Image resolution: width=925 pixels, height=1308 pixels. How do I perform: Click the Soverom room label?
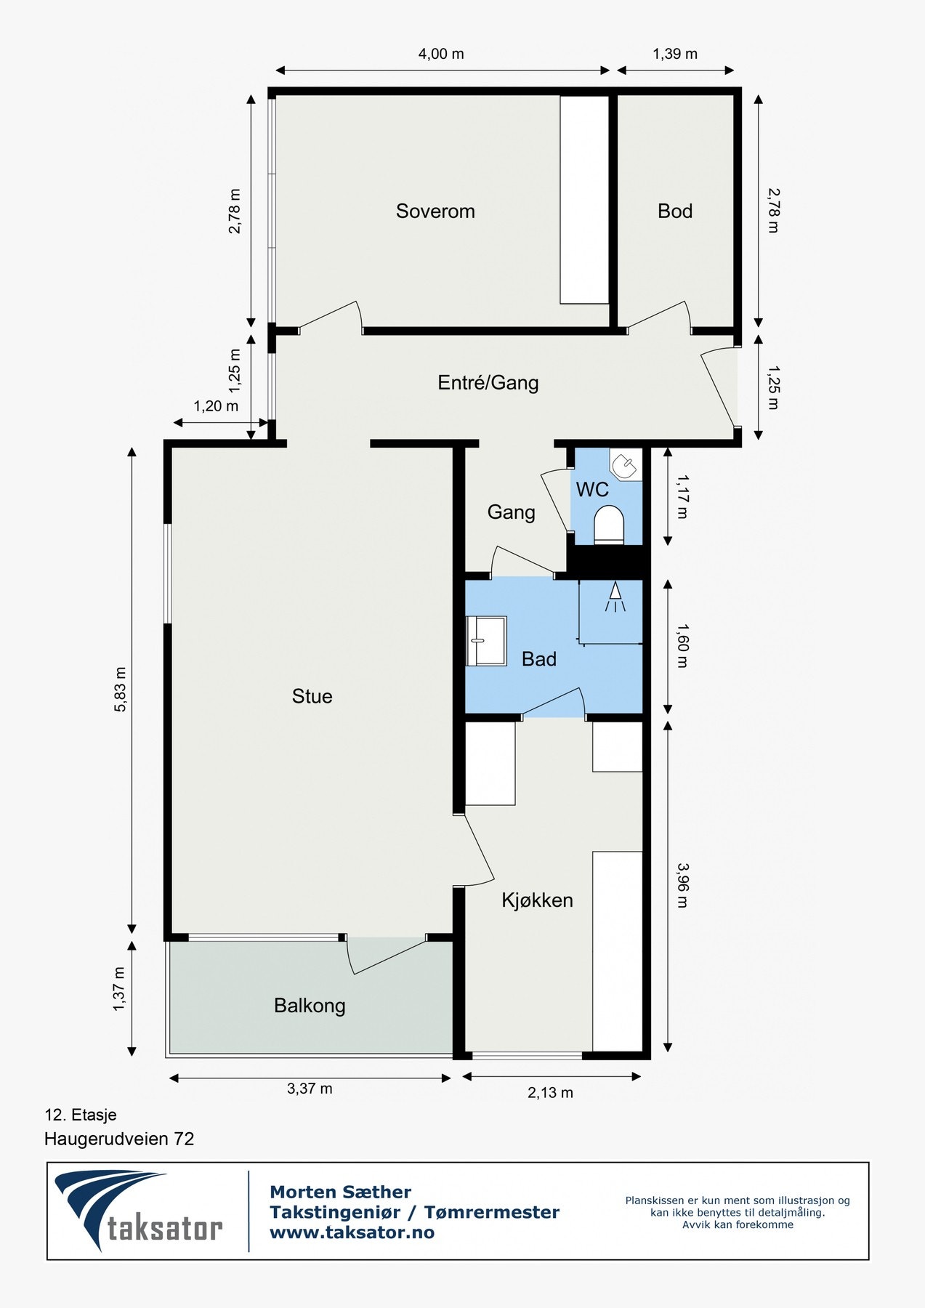[x=435, y=211]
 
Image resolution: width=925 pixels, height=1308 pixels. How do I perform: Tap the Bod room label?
[x=675, y=211]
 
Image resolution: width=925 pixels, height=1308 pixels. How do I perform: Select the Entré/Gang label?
[x=488, y=382]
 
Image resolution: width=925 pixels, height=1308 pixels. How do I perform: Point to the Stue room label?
[x=312, y=696]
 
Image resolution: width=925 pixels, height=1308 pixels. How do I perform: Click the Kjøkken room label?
[x=538, y=900]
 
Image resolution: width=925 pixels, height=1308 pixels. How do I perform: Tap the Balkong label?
[x=310, y=1006]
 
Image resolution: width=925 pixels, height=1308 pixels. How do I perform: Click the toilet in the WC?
[x=609, y=525]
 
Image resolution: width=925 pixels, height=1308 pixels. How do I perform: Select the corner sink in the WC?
[x=625, y=465]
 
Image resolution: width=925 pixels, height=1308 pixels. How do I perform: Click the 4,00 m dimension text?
[x=441, y=54]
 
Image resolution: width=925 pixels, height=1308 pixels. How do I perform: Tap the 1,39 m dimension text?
[x=675, y=54]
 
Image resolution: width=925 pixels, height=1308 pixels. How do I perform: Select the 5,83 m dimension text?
[x=120, y=689]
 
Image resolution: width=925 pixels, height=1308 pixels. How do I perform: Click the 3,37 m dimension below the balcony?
[x=310, y=1089]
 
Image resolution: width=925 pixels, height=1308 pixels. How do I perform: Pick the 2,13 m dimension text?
[x=550, y=1093]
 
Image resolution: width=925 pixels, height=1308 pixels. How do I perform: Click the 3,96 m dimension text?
[x=682, y=885]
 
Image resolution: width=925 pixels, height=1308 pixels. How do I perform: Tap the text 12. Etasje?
[x=81, y=1115]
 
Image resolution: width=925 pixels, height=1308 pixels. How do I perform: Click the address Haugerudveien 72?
[x=119, y=1139]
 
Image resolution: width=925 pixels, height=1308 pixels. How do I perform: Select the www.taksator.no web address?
[x=352, y=1232]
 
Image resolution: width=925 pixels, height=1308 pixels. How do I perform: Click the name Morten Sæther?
[x=340, y=1192]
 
